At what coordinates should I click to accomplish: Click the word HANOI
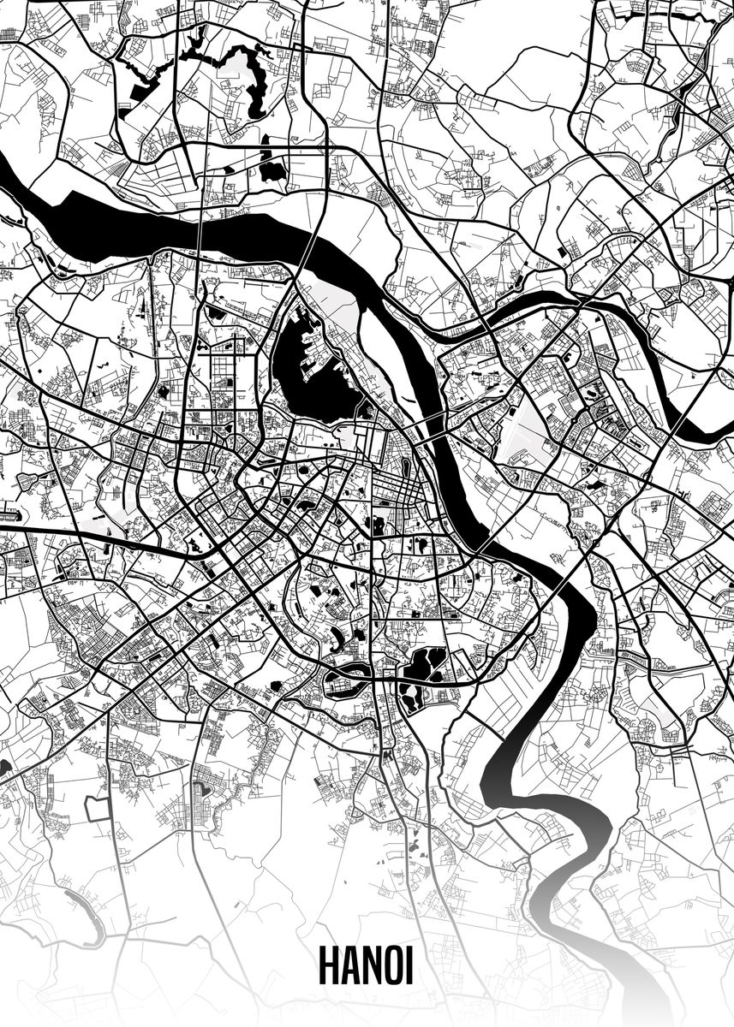[366, 965]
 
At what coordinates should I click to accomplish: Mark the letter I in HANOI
[409, 965]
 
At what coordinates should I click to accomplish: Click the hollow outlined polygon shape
[97, 810]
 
